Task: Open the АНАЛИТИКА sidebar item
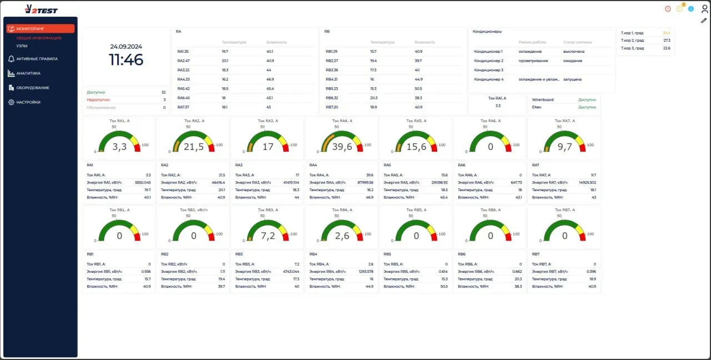tap(28, 73)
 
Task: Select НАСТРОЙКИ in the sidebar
tap(28, 102)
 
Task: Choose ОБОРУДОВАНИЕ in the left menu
tap(32, 88)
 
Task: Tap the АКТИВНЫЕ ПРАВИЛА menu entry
tap(37, 58)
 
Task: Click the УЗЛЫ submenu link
tap(22, 46)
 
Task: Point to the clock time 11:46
tap(126, 60)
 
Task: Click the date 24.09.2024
tap(126, 47)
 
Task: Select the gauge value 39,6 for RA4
tap(342, 147)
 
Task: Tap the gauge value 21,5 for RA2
tap(193, 147)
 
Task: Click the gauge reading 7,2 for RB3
tap(268, 236)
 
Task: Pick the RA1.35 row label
tap(183, 51)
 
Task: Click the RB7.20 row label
tap(332, 107)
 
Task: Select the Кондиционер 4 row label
tap(489, 79)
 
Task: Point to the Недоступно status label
tap(98, 100)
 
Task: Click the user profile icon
tap(704, 8)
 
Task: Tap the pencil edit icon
tap(704, 21)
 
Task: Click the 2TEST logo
tap(41, 9)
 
